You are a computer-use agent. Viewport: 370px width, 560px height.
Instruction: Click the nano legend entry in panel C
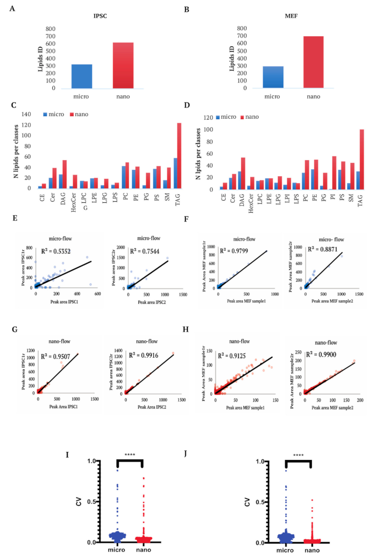pos(80,114)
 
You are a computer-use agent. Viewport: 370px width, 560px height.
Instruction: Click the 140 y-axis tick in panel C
pos(24,114)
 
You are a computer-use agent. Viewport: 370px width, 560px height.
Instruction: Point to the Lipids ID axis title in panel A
pos(37,58)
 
